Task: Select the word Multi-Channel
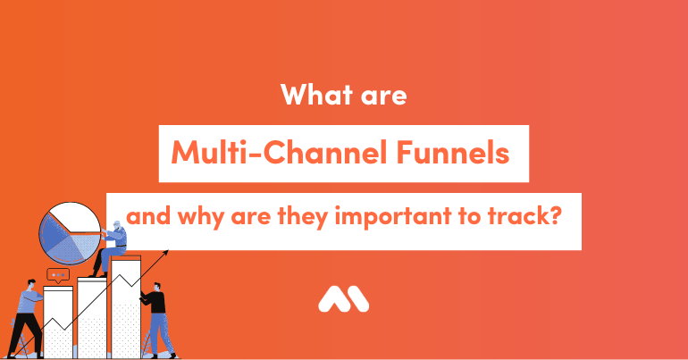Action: click(x=279, y=152)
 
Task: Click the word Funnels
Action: click(x=452, y=152)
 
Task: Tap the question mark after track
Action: click(x=557, y=215)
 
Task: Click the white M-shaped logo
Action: click(x=344, y=299)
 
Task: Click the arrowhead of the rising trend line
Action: click(x=165, y=253)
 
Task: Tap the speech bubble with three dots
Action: click(x=58, y=275)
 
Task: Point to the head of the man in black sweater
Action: click(x=157, y=288)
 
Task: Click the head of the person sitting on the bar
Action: click(x=117, y=225)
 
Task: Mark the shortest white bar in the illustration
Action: click(x=58, y=322)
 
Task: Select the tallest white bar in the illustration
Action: click(x=126, y=307)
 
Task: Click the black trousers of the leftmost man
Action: click(x=25, y=334)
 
